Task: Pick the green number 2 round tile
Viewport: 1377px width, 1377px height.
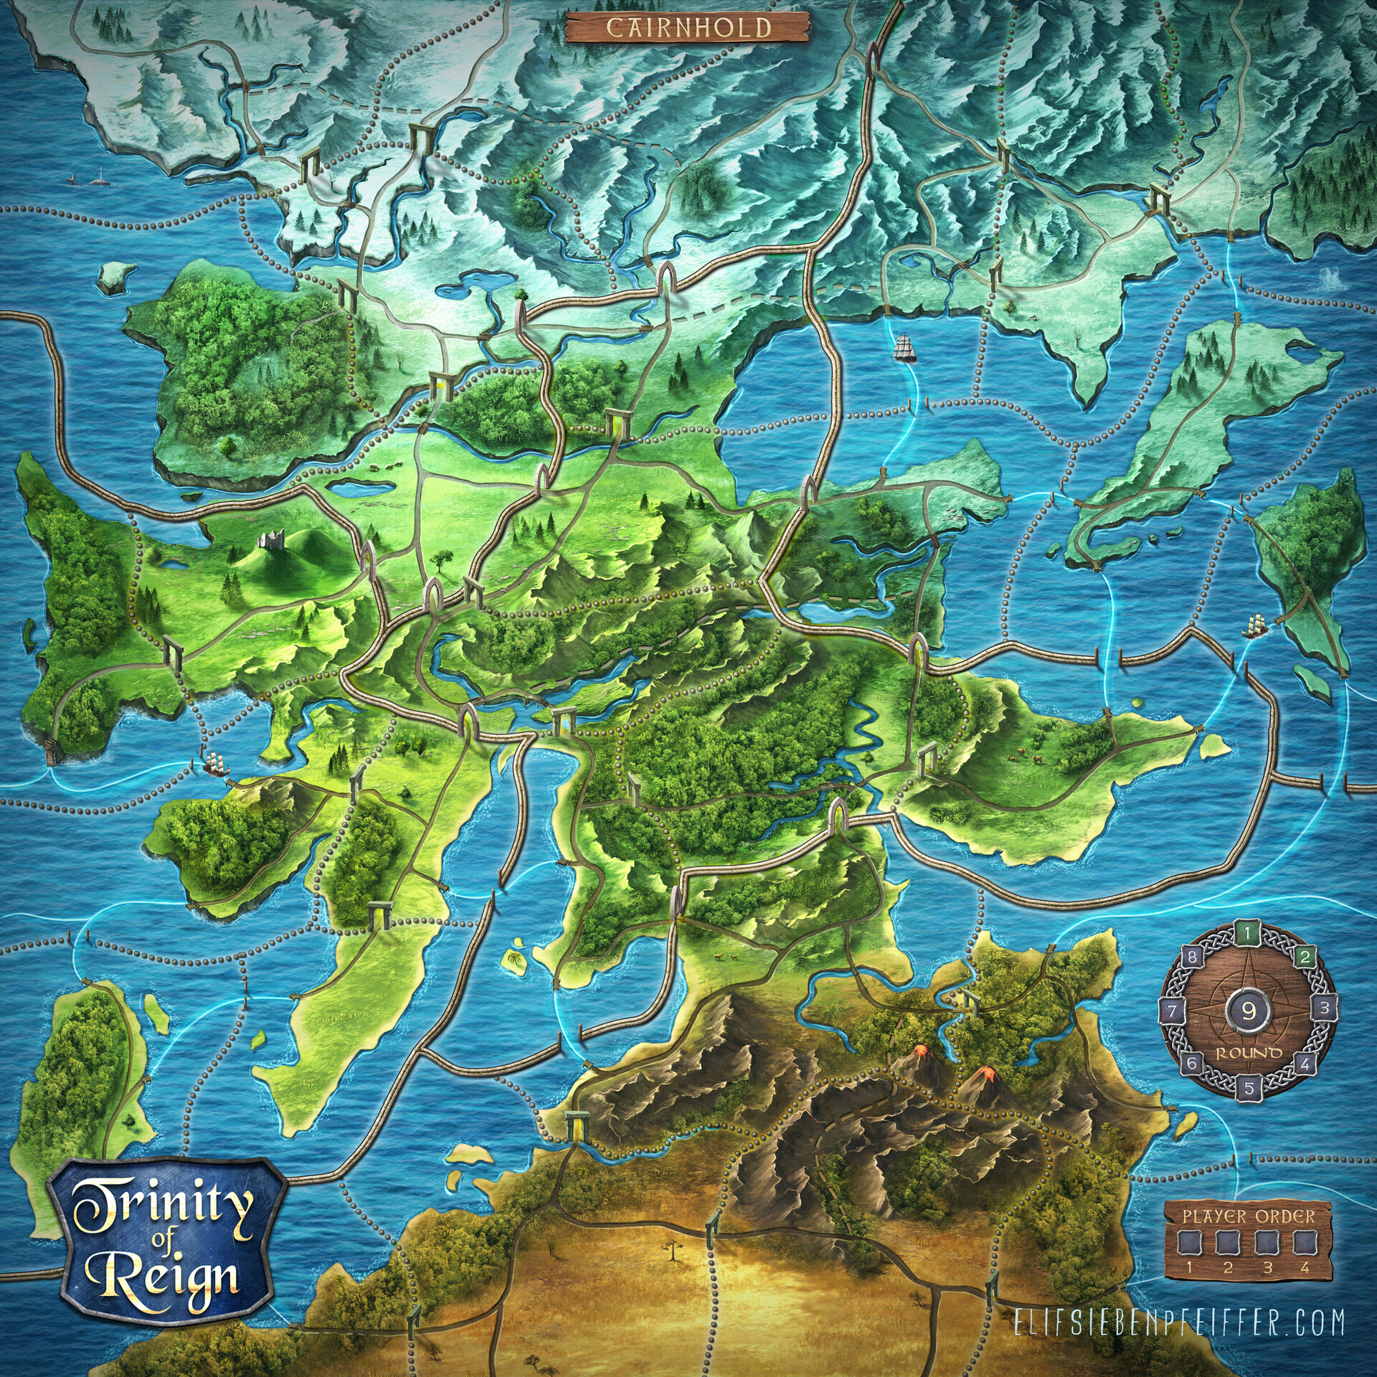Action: click(x=1305, y=956)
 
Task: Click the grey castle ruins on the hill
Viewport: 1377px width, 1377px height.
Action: click(x=271, y=539)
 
